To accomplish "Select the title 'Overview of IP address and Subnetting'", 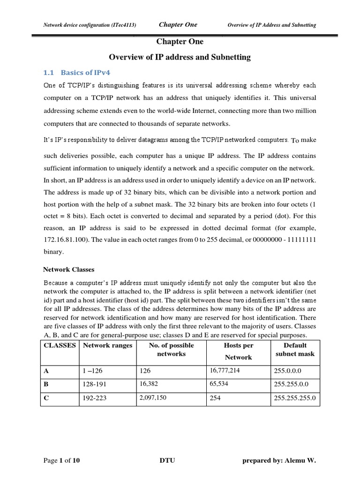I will [180, 57].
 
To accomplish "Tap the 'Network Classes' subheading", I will [68, 270].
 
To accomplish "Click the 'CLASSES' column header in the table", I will [60, 345].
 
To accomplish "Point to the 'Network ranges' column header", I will [107, 345].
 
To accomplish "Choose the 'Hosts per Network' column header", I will [238, 351].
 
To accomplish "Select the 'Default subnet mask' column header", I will [295, 350].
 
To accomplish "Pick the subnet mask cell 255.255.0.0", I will [292, 384].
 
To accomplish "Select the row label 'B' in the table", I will [46, 384].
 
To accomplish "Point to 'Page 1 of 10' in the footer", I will [61, 460].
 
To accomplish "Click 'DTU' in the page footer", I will [167, 460].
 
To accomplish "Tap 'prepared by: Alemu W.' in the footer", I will [279, 460].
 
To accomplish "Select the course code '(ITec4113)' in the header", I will [121, 25].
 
